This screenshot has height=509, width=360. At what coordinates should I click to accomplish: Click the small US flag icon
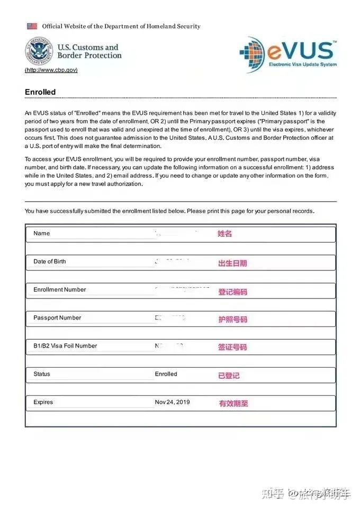32,26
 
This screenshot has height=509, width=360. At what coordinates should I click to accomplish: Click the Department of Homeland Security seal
39,51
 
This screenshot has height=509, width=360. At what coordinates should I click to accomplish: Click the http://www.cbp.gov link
51,70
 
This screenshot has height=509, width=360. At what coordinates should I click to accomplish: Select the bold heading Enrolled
40,92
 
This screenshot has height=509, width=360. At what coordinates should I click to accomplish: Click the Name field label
41,233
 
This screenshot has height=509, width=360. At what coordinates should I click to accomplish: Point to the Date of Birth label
50,261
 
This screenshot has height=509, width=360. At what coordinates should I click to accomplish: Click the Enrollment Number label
59,289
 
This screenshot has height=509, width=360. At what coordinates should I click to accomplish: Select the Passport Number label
57,317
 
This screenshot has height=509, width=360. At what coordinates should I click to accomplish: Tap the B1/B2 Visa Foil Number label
65,346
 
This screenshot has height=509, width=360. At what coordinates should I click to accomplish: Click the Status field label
42,374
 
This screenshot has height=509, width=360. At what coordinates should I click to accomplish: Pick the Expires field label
43,402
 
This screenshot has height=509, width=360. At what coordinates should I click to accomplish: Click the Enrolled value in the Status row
166,374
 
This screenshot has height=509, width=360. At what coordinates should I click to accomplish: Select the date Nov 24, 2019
172,402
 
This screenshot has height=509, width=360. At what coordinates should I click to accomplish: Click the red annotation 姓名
224,234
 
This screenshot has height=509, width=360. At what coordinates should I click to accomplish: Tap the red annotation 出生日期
232,263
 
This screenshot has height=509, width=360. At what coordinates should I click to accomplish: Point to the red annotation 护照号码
232,320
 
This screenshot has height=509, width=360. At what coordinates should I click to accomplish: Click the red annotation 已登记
229,376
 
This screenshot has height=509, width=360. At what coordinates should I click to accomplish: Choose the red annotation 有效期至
233,403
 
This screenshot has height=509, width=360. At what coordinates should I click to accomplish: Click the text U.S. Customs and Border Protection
89,51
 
